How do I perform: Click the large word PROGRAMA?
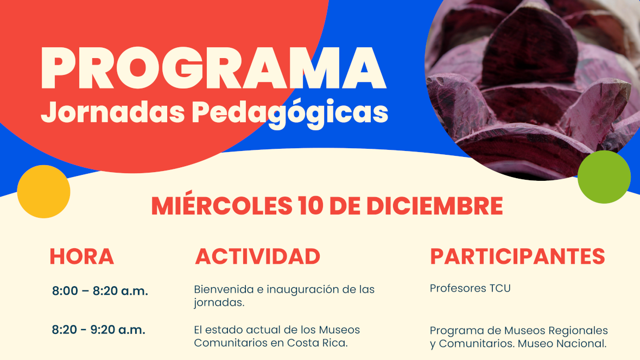[213, 70]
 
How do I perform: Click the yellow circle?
[43, 191]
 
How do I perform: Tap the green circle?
[604, 177]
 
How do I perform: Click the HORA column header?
[81, 257]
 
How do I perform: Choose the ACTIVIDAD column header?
[257, 257]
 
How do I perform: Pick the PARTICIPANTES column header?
[517, 257]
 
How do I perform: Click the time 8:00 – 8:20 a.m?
[100, 291]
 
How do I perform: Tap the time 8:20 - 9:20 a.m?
[98, 330]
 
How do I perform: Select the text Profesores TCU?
[470, 288]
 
